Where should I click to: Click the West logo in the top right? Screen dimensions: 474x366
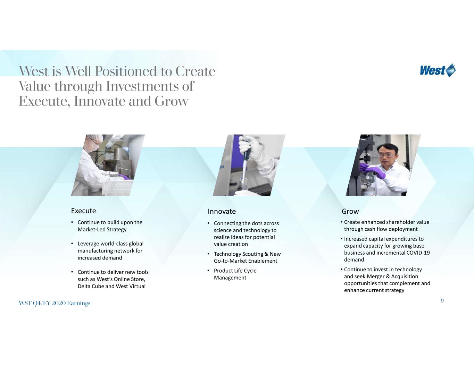pyautogui.click(x=438, y=70)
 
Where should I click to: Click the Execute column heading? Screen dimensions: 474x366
pyautogui.click(x=83, y=211)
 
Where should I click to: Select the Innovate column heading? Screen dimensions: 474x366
pyautogui.click(x=222, y=211)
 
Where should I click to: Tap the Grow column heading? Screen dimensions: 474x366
pyautogui.click(x=350, y=211)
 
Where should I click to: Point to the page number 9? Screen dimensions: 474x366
pyautogui.click(x=442, y=301)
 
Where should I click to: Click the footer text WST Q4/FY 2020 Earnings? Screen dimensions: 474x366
pyautogui.click(x=55, y=303)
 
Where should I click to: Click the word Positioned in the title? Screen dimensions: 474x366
pyautogui.click(x=125, y=71)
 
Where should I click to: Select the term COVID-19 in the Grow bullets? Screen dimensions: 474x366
pyautogui.click(x=418, y=253)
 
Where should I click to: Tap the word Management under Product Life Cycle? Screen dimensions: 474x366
pyautogui.click(x=230, y=278)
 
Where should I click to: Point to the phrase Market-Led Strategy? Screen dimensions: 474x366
pyautogui.click(x=102, y=229)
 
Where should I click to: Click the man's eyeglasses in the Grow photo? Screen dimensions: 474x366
pyautogui.click(x=386, y=155)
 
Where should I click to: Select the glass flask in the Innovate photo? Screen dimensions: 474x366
pyautogui.click(x=243, y=187)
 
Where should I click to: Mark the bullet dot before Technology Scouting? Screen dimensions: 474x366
pyautogui.click(x=209, y=254)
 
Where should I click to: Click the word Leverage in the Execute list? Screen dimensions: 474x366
pyautogui.click(x=88, y=244)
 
